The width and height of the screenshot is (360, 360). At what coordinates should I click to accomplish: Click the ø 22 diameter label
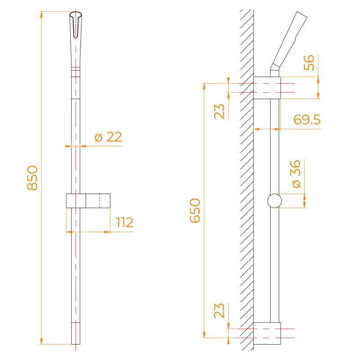coord(108,137)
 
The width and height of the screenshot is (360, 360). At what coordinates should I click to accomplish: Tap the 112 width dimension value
coord(125,222)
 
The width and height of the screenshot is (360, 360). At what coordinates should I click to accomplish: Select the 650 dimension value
coord(195,211)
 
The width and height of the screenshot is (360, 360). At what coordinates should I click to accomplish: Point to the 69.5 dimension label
coord(307,120)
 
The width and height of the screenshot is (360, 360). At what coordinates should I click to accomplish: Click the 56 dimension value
coord(309,63)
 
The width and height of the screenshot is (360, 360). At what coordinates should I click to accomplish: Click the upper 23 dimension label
coord(220,111)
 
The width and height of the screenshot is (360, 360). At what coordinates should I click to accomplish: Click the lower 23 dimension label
coord(220,310)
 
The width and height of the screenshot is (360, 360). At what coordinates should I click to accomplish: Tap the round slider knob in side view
coord(274,201)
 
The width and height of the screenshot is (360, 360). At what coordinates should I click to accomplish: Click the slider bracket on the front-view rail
coord(88,201)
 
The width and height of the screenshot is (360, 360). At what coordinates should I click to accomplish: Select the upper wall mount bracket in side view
coord(267,87)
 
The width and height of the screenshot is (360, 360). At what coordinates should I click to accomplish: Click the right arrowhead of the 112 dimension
coord(108,232)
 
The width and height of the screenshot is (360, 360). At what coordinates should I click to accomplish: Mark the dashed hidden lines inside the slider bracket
coord(99,201)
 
